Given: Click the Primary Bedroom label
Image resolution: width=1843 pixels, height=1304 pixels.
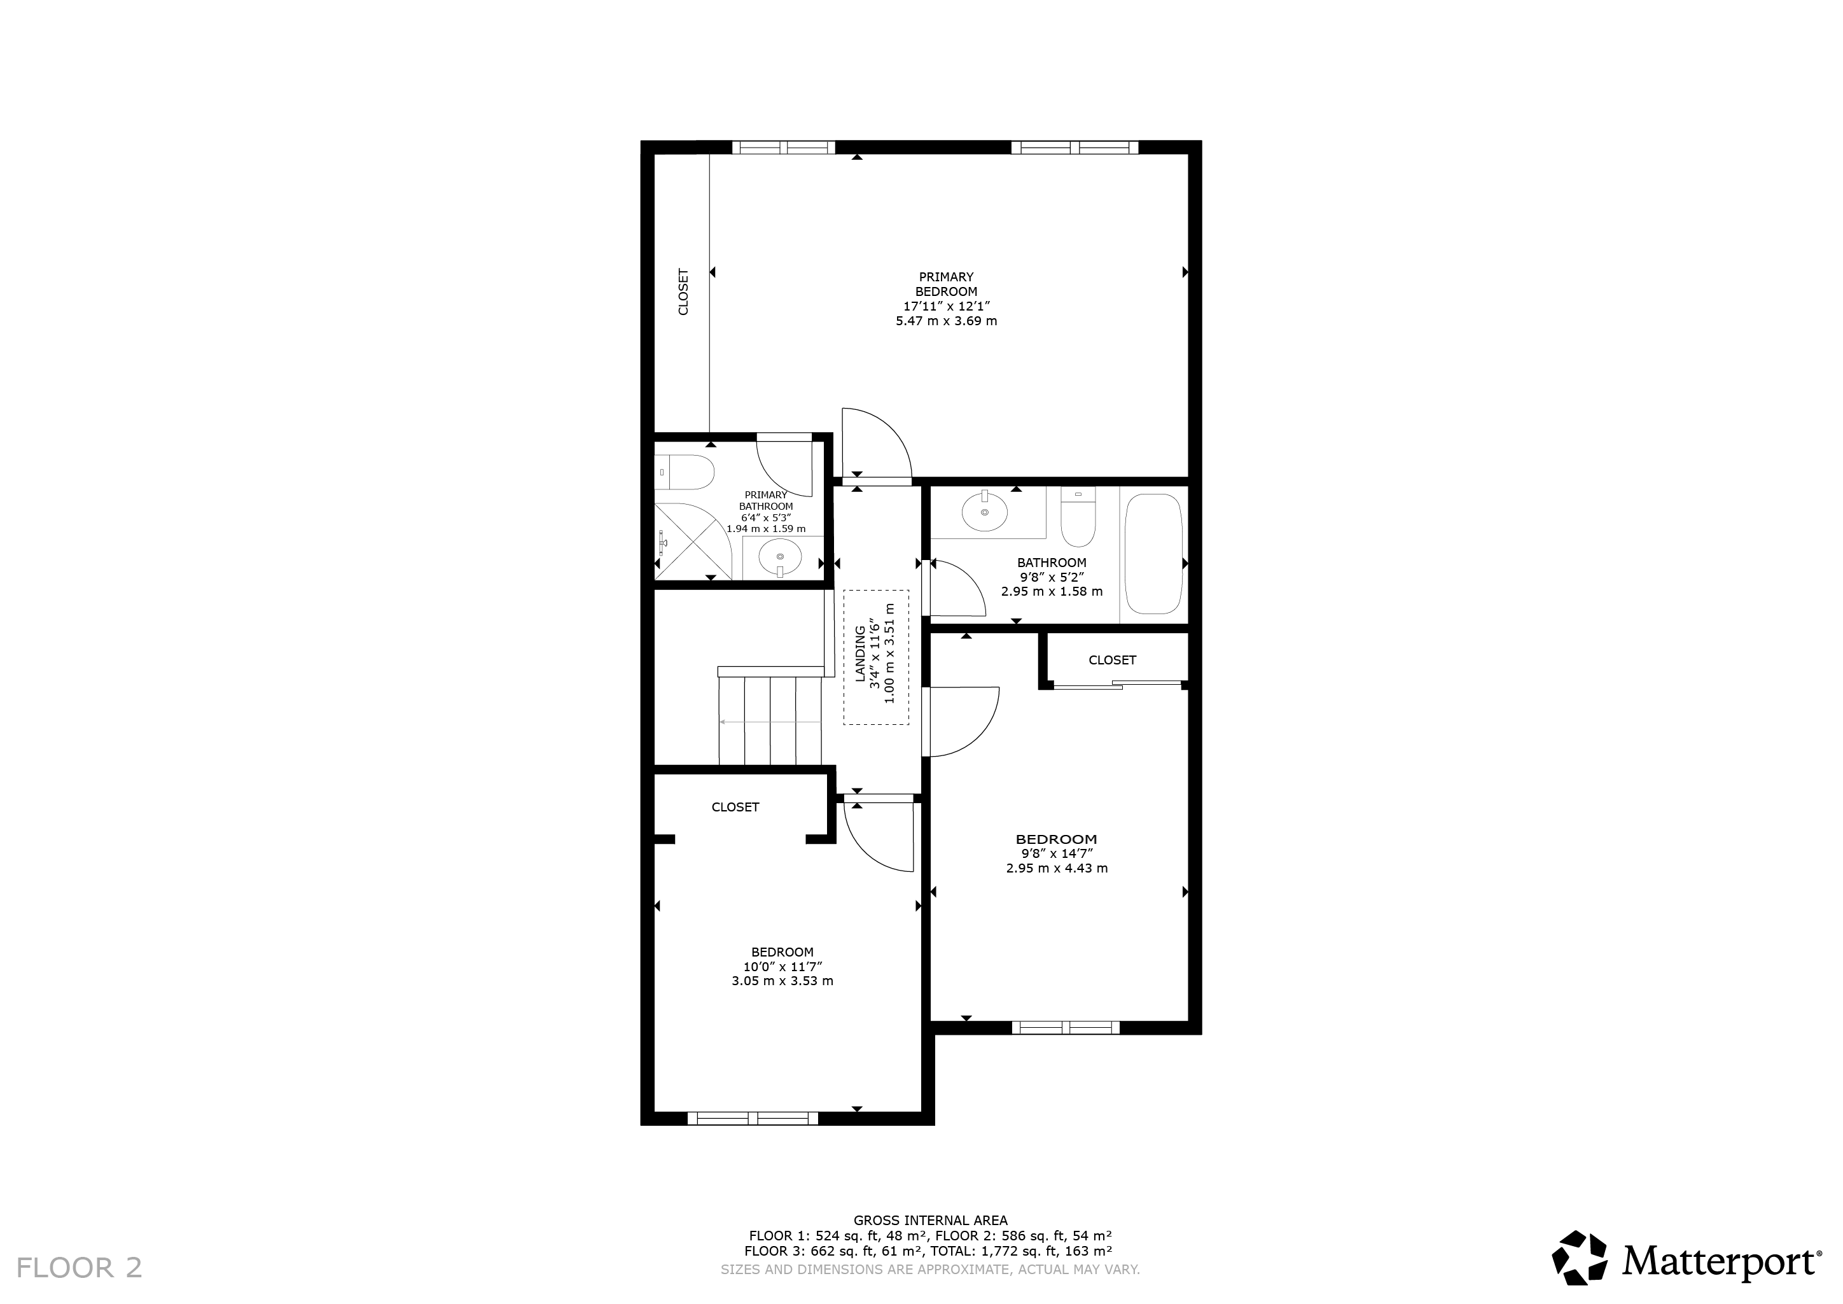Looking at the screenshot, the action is coord(947,298).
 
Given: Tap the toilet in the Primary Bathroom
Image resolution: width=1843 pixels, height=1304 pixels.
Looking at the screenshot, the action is coord(684,472).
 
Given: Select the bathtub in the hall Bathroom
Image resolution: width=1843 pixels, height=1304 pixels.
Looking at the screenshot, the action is coord(1153,554).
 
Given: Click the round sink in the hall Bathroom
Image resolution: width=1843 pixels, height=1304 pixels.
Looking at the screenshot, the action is coord(985,512).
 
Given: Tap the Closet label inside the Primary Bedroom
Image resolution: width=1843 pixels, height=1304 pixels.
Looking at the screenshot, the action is coord(684,291).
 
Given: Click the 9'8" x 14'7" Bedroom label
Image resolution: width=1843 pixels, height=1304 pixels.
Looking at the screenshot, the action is coord(1056,853).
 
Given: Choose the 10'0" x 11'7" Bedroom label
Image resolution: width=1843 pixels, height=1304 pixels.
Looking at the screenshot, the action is coord(782,967).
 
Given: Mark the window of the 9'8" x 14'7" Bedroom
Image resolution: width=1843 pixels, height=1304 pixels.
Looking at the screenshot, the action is coord(1065,1028).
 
